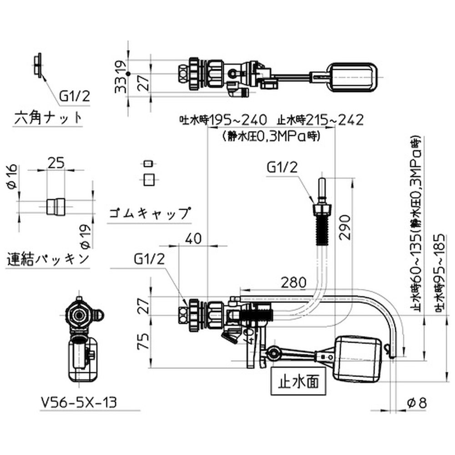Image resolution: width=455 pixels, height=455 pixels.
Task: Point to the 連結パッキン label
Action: point(48,259)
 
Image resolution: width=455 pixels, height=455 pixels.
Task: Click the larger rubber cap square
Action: point(147,179)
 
